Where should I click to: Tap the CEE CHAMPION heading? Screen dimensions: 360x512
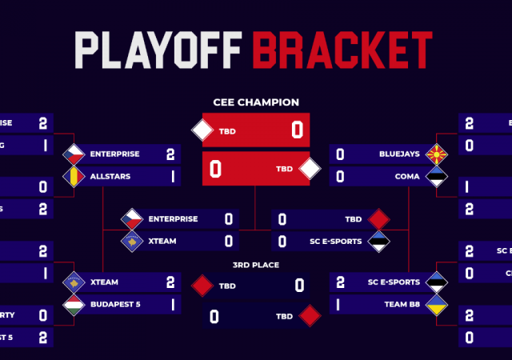pyautogui.click(x=256, y=102)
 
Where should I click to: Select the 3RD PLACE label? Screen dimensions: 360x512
pyautogui.click(x=256, y=265)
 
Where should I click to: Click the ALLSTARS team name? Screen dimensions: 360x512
pyautogui.click(x=111, y=175)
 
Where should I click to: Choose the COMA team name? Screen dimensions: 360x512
pyautogui.click(x=408, y=175)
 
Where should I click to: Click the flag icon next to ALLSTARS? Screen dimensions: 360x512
pyautogui.click(x=74, y=176)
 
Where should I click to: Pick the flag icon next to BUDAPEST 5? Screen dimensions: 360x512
pyautogui.click(x=74, y=304)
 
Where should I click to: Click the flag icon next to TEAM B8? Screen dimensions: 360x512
pyautogui.click(x=436, y=304)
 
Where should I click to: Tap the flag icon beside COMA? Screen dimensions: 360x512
pyautogui.click(x=436, y=176)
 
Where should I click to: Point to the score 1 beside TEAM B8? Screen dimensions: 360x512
pyautogui.click(x=340, y=304)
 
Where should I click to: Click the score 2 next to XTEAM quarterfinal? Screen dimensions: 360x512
pyautogui.click(x=170, y=282)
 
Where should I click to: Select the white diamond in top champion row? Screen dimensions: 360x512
pyautogui.click(x=202, y=130)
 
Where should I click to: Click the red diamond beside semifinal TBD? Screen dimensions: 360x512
pyautogui.click(x=378, y=218)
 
